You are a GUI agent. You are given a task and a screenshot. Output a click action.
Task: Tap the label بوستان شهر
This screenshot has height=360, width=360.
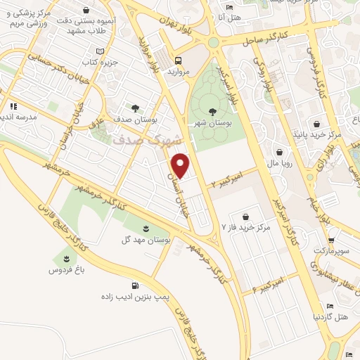[x=213, y=124]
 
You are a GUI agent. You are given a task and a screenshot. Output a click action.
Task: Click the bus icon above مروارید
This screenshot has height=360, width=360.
[x=179, y=60]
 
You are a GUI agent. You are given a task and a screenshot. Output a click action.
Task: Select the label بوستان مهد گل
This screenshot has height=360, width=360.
[x=146, y=240]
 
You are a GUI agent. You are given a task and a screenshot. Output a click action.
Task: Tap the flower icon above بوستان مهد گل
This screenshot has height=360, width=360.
[x=146, y=228]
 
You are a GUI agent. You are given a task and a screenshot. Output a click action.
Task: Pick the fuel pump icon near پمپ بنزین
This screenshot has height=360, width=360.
[x=134, y=286]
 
